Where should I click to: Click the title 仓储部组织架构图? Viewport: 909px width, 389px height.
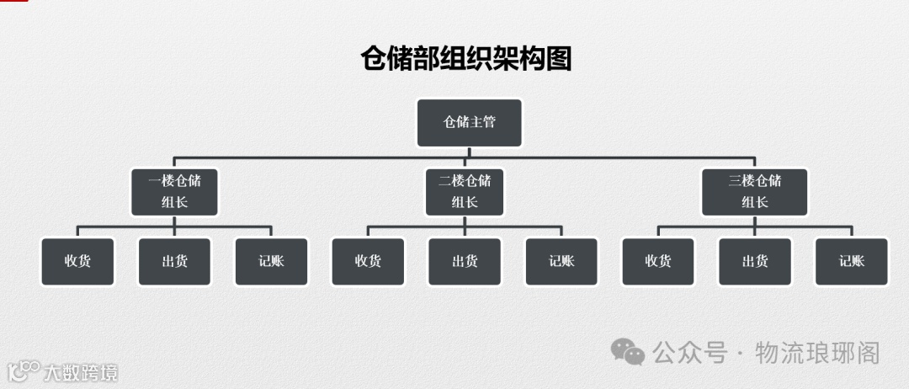pyautogui.click(x=465, y=60)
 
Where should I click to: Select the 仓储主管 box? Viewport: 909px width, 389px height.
pyautogui.click(x=470, y=123)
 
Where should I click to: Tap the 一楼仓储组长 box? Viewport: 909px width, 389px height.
pyautogui.click(x=174, y=191)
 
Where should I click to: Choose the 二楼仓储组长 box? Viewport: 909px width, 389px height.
pyautogui.click(x=465, y=191)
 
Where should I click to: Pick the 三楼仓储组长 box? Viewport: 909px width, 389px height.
pyautogui.click(x=755, y=191)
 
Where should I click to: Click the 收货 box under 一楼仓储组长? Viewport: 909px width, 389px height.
pyautogui.click(x=77, y=261)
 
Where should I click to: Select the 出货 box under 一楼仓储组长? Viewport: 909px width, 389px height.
pyautogui.click(x=174, y=261)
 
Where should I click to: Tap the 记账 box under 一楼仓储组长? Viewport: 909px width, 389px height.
pyautogui.click(x=271, y=261)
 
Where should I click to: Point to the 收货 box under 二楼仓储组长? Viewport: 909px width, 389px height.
pyautogui.click(x=368, y=261)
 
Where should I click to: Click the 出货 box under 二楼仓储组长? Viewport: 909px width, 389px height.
pyautogui.click(x=465, y=261)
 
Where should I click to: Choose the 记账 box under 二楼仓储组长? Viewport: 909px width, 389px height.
pyautogui.click(x=561, y=261)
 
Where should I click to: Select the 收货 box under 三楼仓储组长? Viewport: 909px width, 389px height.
pyautogui.click(x=658, y=261)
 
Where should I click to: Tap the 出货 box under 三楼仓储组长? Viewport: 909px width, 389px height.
pyautogui.click(x=755, y=261)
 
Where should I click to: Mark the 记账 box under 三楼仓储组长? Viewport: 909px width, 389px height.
pyautogui.click(x=852, y=261)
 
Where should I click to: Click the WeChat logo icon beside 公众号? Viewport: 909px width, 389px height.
pyautogui.click(x=628, y=352)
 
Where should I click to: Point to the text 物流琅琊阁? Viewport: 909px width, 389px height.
pyautogui.click(x=817, y=353)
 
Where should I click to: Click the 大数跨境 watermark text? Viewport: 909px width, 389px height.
pyautogui.click(x=81, y=372)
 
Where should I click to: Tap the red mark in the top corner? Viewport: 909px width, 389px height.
pyautogui.click(x=13, y=2)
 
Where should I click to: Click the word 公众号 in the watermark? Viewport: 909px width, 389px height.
pyautogui.click(x=689, y=353)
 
